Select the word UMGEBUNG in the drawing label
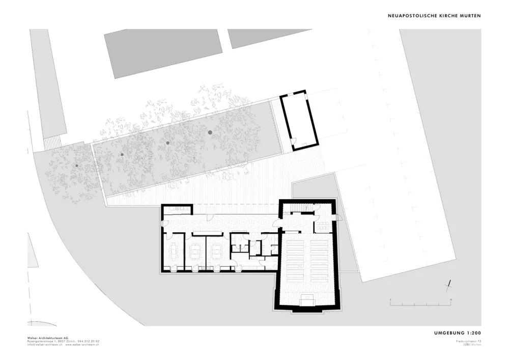[x=448, y=333]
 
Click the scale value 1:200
[x=471, y=333]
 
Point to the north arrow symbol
[x=450, y=285]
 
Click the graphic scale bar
[x=420, y=303]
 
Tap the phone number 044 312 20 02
[x=89, y=341]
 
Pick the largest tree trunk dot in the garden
[x=210, y=132]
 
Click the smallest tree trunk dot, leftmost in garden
[x=76, y=165]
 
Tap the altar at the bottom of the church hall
[x=307, y=300]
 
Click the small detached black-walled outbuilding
[x=299, y=120]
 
